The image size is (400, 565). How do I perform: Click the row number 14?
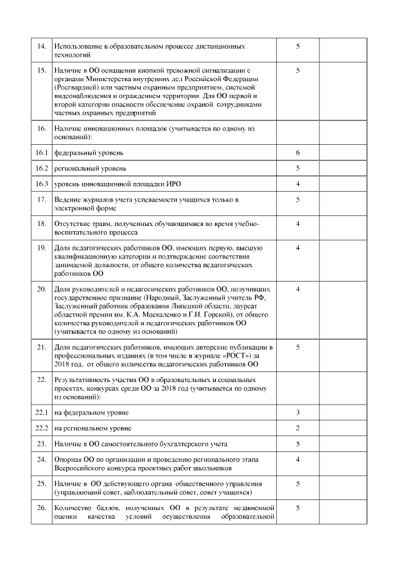[42, 47]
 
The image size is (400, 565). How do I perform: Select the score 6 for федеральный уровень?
[297, 153]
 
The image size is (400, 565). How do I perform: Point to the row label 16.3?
[42, 184]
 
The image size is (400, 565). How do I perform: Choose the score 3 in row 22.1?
[297, 413]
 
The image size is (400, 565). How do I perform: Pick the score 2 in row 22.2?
[297, 428]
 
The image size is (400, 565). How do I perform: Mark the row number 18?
[42, 224]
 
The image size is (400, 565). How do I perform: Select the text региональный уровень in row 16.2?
[91, 169]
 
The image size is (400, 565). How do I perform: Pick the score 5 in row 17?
[297, 199]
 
